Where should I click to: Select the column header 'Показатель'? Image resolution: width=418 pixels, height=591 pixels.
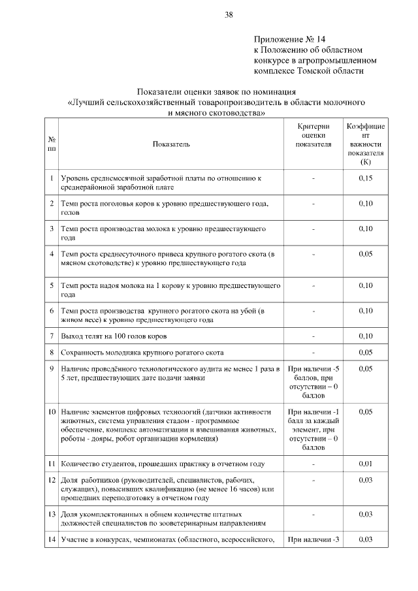click(x=171, y=144)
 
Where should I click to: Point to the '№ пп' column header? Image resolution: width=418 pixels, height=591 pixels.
click(x=52, y=144)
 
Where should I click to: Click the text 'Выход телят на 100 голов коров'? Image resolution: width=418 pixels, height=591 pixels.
click(x=114, y=336)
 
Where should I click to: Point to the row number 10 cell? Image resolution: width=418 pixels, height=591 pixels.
click(x=52, y=412)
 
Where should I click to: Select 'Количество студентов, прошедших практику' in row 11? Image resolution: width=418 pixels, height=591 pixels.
click(x=162, y=464)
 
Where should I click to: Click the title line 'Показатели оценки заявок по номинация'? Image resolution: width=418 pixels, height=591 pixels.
click(x=216, y=92)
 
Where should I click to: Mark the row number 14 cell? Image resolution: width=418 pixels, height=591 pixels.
click(x=52, y=539)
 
